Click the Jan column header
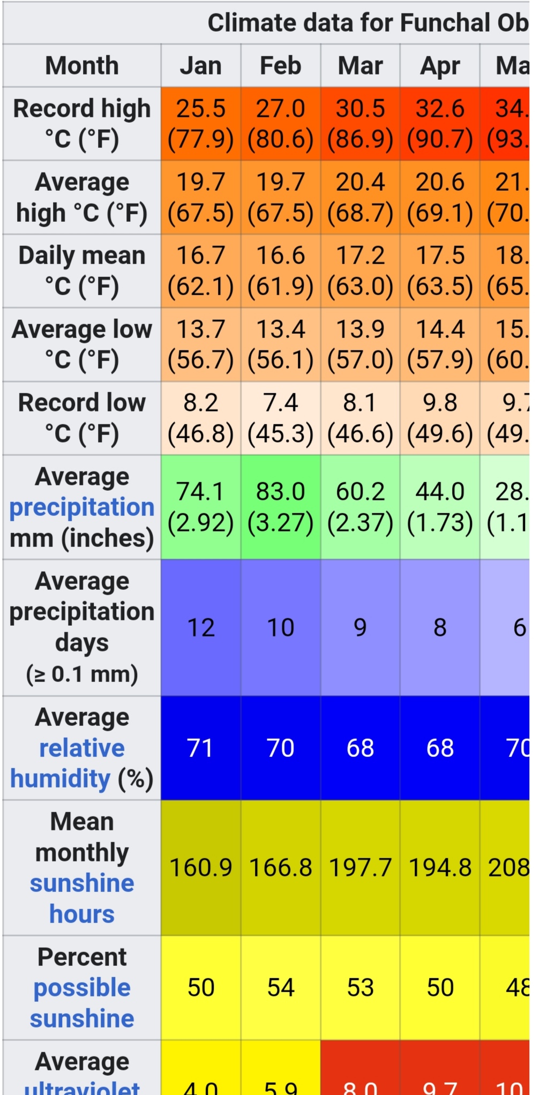tap(200, 66)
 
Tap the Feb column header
tap(280, 66)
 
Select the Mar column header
tap(360, 66)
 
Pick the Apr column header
tap(440, 66)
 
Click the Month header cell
tap(82, 66)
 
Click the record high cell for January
tap(200, 124)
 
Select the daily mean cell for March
tap(360, 271)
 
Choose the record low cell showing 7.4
tap(280, 418)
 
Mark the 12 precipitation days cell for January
tap(200, 627)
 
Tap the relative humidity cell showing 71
tap(200, 748)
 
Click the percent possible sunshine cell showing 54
tap(280, 987)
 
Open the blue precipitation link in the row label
tap(82, 507)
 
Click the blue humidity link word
tap(60, 779)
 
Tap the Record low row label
tap(82, 418)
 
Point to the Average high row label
tap(82, 197)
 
